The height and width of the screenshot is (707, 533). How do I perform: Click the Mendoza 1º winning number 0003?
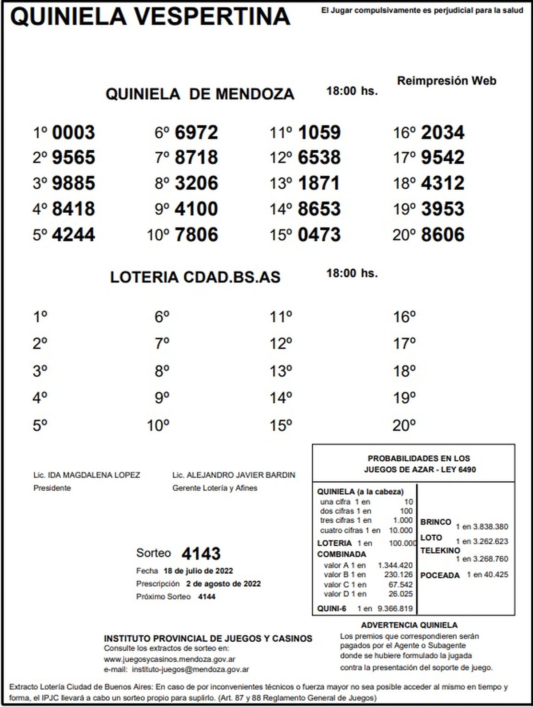coord(73,132)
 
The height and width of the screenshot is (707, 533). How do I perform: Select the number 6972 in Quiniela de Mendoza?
coord(196,132)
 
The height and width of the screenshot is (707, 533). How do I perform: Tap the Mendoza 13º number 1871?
coord(319,183)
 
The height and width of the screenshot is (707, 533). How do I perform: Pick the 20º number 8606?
coord(442,234)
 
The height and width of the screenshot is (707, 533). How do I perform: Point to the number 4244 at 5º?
coord(73,234)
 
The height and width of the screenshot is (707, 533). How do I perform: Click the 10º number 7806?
coord(196,234)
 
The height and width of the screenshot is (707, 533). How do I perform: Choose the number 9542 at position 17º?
coord(442,158)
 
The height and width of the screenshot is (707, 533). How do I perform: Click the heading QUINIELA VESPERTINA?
coord(150,17)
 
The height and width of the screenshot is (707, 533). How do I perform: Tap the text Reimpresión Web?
coord(446,81)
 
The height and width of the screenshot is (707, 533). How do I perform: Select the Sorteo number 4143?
coord(201,554)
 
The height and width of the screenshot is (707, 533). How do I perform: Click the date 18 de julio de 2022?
coord(198,571)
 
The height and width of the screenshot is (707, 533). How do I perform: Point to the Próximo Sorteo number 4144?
coord(207,596)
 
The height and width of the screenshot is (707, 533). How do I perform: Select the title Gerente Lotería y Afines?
coord(215,488)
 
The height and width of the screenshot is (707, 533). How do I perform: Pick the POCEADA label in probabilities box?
coord(440,575)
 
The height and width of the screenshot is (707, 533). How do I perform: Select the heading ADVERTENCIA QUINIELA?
coord(409,625)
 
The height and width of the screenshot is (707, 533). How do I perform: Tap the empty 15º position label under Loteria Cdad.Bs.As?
coord(281,425)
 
